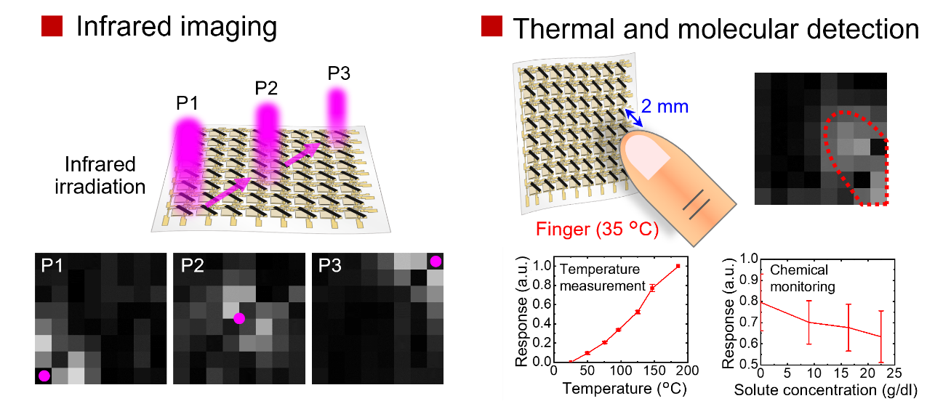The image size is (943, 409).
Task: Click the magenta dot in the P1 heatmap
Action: click(x=44, y=376)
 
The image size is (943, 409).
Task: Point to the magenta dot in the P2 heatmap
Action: click(x=239, y=318)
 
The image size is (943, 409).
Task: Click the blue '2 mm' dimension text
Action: click(x=665, y=108)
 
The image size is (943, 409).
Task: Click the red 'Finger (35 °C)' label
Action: click(x=597, y=230)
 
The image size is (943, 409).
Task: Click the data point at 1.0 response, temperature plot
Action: click(x=678, y=266)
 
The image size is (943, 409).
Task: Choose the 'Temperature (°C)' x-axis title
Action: click(x=625, y=389)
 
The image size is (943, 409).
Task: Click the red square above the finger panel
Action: click(x=491, y=26)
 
